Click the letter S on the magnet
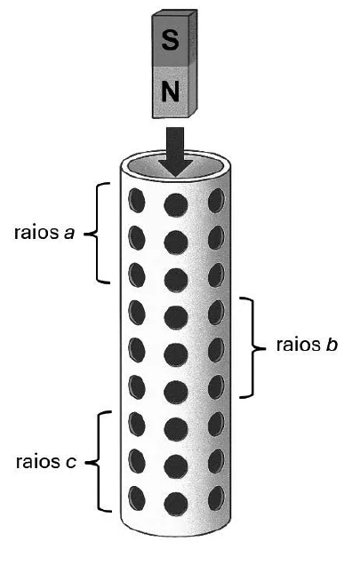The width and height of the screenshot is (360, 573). [170, 40]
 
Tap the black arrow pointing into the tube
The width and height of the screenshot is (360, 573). [175, 152]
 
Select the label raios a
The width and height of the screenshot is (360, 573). [44, 233]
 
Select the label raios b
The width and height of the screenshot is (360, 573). [307, 345]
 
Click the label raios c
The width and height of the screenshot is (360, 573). [46, 462]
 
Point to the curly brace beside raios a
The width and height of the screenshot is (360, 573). [97, 233]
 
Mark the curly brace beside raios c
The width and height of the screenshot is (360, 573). [99, 462]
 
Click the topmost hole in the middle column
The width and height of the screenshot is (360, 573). [176, 204]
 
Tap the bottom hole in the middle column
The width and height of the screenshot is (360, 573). [176, 504]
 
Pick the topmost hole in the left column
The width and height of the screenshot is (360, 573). [137, 200]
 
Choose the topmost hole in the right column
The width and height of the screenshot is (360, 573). [216, 200]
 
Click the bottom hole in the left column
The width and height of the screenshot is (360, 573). [137, 498]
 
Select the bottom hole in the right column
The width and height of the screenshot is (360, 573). [216, 498]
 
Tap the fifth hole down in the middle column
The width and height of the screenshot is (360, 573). [176, 354]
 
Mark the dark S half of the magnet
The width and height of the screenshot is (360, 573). [174, 38]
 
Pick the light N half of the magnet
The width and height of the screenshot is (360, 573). [174, 92]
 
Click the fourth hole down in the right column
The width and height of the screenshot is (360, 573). [216, 313]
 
